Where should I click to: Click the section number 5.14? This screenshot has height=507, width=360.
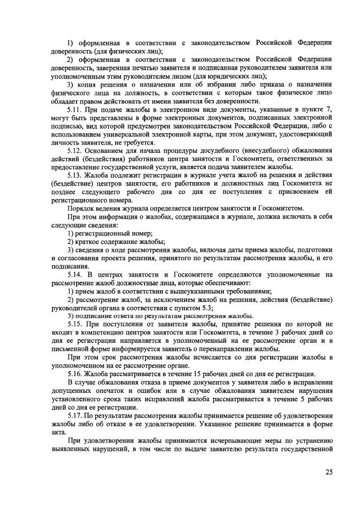[76, 274]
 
